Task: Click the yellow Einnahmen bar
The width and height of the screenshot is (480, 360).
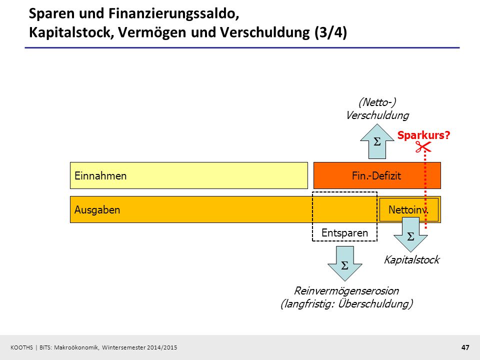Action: (189, 175)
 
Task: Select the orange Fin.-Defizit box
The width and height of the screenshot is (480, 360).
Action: (377, 175)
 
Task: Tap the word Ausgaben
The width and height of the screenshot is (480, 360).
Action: (97, 210)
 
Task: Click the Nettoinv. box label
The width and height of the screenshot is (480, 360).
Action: (408, 210)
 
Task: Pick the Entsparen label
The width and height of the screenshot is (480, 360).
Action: (344, 233)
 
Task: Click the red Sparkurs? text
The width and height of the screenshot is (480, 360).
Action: (423, 135)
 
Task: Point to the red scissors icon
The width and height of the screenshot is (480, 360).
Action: (423, 146)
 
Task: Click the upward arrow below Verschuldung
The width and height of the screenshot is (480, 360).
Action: (377, 141)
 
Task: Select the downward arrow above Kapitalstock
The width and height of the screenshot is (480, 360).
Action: (410, 234)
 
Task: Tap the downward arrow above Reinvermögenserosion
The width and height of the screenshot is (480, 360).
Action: (345, 263)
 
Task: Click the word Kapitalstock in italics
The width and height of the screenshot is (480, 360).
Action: (411, 260)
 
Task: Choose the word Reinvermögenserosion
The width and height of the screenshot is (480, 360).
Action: (346, 290)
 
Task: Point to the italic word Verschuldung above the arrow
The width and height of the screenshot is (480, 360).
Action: (377, 115)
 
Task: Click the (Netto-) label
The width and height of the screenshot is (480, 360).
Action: (377, 102)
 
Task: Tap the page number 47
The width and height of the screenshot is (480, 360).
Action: (465, 347)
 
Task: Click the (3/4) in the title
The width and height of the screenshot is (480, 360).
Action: (330, 32)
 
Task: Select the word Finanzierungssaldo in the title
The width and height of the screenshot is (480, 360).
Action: (173, 14)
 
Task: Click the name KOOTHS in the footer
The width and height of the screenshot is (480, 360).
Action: (21, 347)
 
